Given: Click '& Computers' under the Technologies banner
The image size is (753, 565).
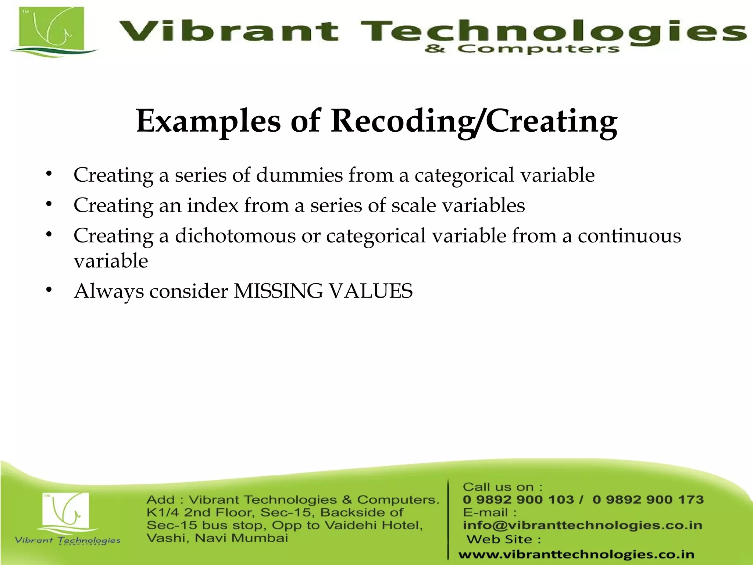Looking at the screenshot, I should (x=522, y=49).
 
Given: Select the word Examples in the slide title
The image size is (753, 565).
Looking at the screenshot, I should (x=208, y=121).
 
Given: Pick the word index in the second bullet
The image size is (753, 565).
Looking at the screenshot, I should (x=213, y=205).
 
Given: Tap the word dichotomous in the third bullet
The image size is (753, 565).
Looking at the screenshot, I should (x=235, y=235).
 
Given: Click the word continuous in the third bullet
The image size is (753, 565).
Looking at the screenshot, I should (x=629, y=235).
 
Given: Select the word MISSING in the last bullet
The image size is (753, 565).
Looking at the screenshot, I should (x=278, y=291).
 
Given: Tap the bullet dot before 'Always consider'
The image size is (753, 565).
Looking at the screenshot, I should (x=49, y=290).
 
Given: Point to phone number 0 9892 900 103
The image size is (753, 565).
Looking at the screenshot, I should (x=518, y=500).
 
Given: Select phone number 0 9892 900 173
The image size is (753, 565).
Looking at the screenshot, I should (x=648, y=500).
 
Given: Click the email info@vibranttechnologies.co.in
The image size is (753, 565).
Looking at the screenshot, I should (x=582, y=525).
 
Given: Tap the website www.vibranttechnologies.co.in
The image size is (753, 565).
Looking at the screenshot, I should (x=576, y=554).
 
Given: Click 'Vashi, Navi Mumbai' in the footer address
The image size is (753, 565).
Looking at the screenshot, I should (x=217, y=538).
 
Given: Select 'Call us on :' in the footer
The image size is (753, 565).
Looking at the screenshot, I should (x=502, y=487).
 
